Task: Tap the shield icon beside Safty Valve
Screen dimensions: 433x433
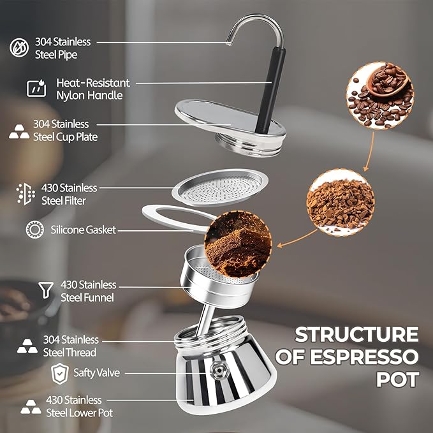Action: tap(60, 374)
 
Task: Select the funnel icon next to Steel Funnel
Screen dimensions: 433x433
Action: tap(46, 290)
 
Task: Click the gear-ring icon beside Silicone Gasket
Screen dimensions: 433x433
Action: tap(35, 230)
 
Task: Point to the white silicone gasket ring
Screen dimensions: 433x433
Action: tap(154, 210)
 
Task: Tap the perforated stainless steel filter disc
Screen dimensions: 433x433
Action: tap(220, 187)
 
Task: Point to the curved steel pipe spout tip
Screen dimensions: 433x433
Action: tap(229, 43)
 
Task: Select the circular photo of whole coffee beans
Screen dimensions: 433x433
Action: tap(380, 95)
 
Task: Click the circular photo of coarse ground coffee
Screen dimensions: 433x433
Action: tap(341, 202)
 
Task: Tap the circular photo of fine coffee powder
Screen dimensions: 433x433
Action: tap(238, 244)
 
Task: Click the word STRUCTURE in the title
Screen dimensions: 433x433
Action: tap(356, 335)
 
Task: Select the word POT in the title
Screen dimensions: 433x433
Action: tap(398, 379)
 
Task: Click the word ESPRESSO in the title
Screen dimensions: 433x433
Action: tap(364, 357)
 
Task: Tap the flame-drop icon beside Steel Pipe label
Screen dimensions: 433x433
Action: tap(19, 47)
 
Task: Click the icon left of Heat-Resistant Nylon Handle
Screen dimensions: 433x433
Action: tap(36, 88)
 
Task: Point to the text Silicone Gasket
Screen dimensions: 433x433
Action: tap(83, 230)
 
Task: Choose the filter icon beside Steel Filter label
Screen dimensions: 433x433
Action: tap(26, 194)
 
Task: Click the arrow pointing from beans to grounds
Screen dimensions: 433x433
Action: tap(369, 152)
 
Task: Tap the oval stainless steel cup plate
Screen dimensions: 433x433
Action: tap(230, 119)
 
